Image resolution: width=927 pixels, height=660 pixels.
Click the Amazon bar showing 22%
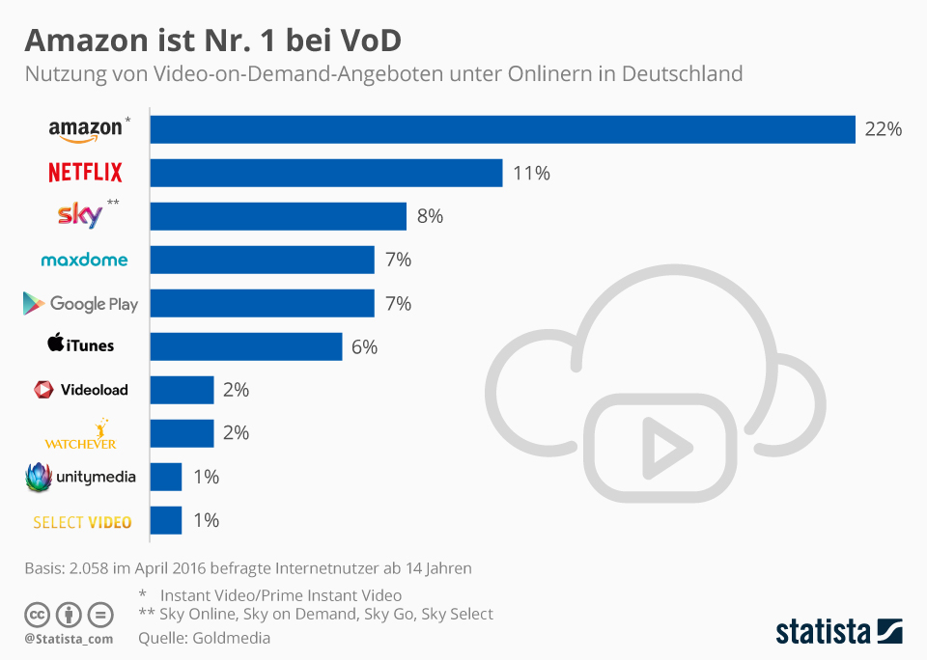[x=503, y=129]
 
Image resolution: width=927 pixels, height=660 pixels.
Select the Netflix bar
[x=326, y=173]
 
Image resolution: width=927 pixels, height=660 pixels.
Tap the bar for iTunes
[x=246, y=346]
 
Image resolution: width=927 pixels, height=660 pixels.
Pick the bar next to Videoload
[x=183, y=390]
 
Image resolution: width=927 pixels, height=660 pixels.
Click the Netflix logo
[x=85, y=173]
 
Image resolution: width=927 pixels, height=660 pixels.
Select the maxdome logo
[x=84, y=260]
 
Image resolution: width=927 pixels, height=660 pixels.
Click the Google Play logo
[x=81, y=304]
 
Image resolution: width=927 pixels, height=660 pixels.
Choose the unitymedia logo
[x=80, y=477]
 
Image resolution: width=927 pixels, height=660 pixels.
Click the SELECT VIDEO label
[x=82, y=522]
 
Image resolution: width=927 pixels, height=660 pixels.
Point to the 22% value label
[x=883, y=129]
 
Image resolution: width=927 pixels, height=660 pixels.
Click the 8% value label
[x=430, y=216]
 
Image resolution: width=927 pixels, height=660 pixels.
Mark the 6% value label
[x=364, y=346]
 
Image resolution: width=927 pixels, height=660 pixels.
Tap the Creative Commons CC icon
[x=37, y=615]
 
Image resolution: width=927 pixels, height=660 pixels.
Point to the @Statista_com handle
[x=69, y=639]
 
